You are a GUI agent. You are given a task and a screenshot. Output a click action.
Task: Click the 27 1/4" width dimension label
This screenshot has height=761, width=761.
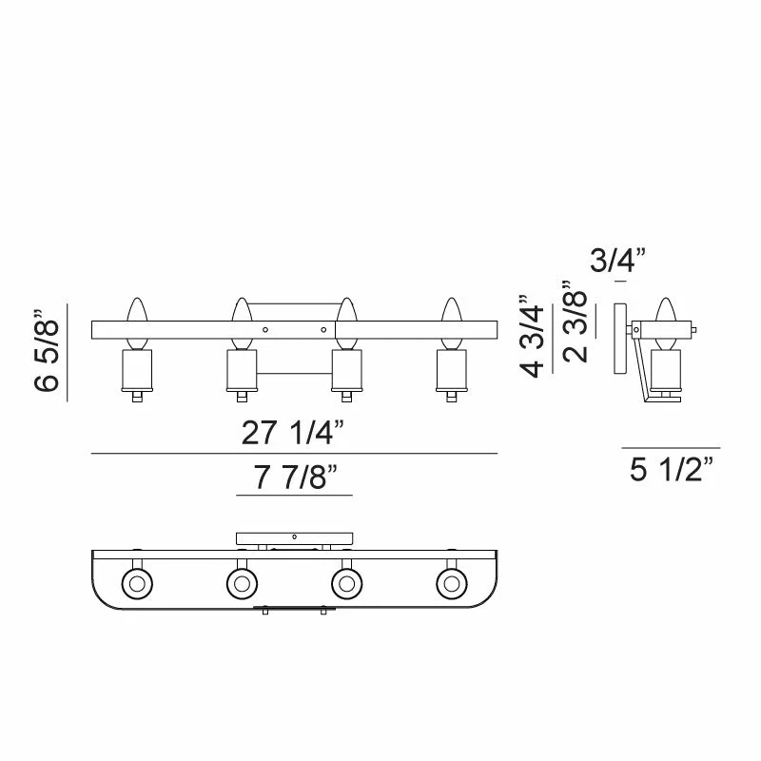pos(293,433)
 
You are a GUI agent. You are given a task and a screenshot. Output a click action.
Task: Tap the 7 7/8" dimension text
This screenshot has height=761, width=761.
pos(296,478)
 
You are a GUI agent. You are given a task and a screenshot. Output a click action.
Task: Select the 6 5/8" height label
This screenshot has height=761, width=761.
pos(47,349)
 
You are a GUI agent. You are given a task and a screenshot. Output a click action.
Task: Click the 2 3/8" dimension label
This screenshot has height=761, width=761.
pos(576,322)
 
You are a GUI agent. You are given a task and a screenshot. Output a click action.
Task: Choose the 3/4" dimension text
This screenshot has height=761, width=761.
pos(617,260)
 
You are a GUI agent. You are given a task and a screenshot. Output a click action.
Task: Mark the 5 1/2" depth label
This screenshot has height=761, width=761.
pos(672,469)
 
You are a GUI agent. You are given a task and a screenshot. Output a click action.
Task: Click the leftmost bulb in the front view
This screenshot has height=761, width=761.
pos(137,323)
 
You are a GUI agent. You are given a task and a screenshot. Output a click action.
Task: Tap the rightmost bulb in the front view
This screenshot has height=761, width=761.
pos(451,323)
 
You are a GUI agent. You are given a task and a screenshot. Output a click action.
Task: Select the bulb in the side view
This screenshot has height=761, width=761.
pos(665,323)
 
